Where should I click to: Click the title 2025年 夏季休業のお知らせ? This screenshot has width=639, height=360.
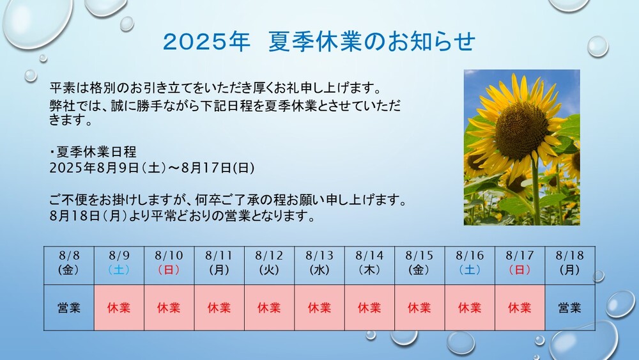(x=319, y=42)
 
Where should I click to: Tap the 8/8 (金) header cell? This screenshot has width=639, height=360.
(x=69, y=265)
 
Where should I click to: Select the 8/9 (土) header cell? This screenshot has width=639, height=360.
(x=119, y=265)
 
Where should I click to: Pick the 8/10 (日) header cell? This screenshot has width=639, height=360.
(x=169, y=265)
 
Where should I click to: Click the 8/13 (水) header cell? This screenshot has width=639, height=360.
(x=319, y=265)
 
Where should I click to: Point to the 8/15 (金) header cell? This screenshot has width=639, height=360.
(x=420, y=265)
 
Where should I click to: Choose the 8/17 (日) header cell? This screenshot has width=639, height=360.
(x=520, y=265)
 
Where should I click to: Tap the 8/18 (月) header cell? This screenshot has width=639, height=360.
(x=570, y=265)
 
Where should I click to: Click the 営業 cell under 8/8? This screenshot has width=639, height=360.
(x=69, y=308)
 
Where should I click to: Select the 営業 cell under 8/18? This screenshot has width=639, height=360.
(x=570, y=308)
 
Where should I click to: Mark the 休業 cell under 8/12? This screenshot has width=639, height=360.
(x=270, y=308)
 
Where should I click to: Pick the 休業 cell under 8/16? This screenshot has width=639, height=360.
(x=470, y=308)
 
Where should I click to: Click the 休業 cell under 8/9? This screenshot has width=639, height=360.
(x=119, y=308)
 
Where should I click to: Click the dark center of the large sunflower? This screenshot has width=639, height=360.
(x=521, y=130)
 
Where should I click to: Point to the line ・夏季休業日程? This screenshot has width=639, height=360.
(x=93, y=152)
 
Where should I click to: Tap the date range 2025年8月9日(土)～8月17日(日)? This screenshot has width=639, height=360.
(x=152, y=168)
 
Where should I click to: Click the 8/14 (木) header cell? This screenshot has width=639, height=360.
(x=369, y=265)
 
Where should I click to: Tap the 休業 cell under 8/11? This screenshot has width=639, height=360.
(x=219, y=308)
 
